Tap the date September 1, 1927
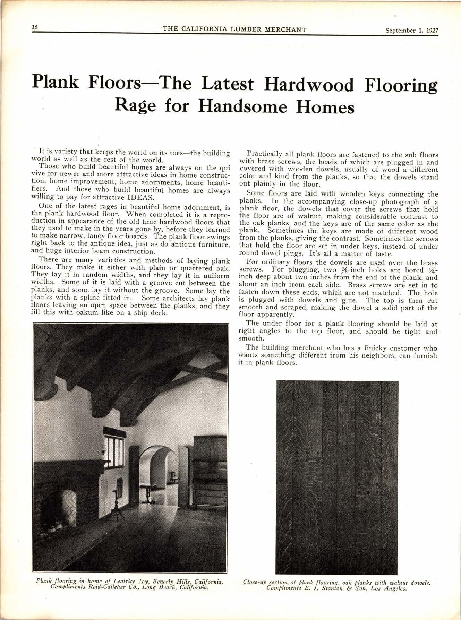click(x=412, y=30)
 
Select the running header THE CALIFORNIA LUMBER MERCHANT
click(x=234, y=29)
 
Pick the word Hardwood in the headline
click(x=309, y=85)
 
